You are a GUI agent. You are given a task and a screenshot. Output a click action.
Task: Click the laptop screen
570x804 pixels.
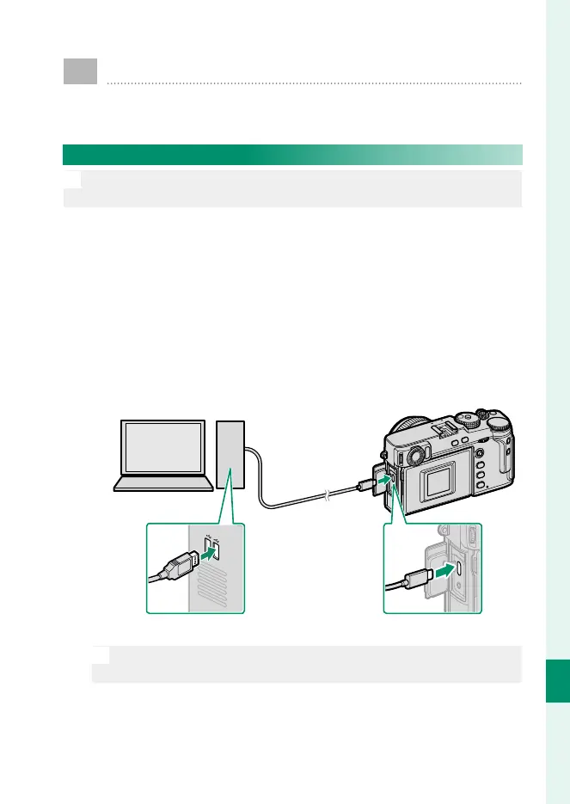point(162,449)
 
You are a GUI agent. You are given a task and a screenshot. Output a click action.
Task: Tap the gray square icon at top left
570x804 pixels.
point(80,71)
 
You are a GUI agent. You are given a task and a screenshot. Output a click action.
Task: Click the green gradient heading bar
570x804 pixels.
point(292,154)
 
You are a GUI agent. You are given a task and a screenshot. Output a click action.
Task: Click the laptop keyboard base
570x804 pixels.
point(162,484)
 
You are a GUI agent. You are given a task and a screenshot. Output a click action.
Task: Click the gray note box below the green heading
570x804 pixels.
point(292,188)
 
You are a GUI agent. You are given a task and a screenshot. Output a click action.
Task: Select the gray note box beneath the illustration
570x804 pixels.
point(306,664)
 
